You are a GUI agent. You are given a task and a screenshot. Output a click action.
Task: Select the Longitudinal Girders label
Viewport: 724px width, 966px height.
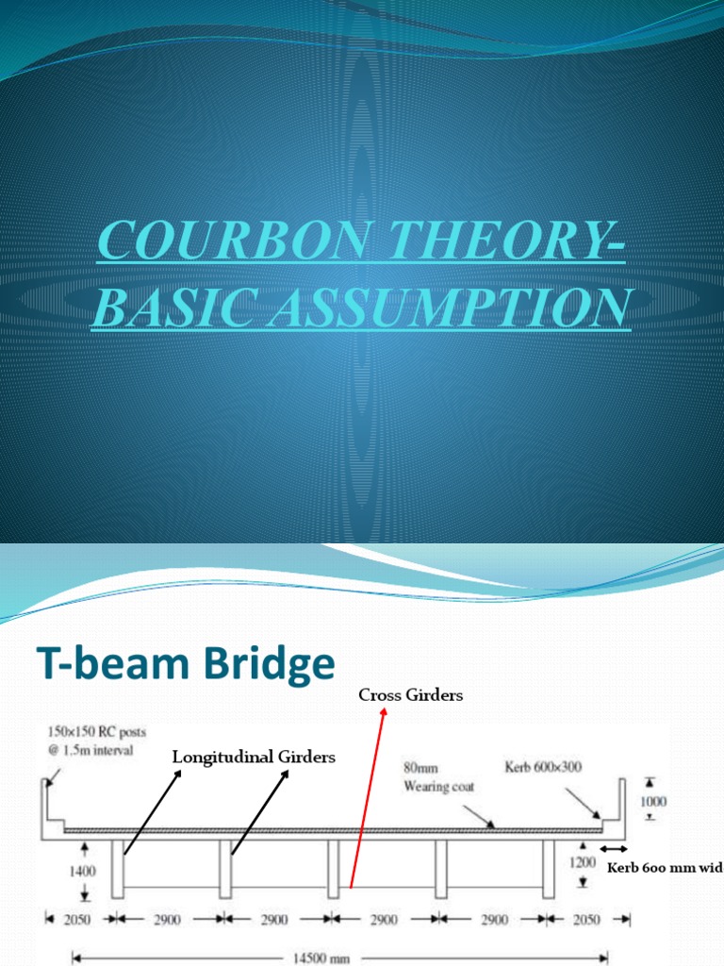click(253, 757)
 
